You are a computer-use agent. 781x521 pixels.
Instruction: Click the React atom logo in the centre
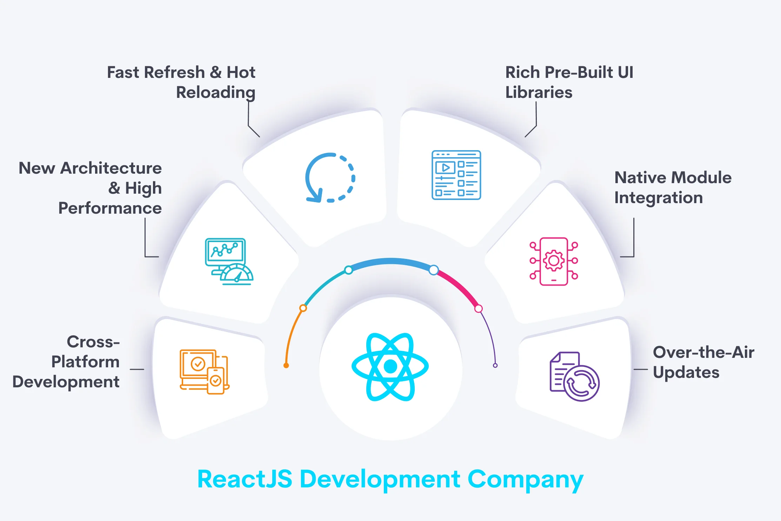(390, 367)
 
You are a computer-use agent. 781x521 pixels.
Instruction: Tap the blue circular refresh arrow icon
(330, 178)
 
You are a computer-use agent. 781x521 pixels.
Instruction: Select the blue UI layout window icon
(456, 175)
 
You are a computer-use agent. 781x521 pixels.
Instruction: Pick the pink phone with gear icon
(554, 261)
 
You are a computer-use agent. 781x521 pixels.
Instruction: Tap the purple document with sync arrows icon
(574, 376)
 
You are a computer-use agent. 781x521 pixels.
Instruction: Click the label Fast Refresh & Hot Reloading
(181, 82)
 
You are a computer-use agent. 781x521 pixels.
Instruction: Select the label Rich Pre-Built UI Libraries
(569, 82)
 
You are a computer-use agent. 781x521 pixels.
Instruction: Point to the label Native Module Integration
(673, 188)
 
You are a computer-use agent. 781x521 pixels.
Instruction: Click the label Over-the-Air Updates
(703, 362)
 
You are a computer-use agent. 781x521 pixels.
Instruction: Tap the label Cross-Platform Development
(67, 362)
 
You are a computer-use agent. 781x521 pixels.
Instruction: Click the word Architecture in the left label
(111, 168)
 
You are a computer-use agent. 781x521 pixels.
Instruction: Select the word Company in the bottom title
(525, 480)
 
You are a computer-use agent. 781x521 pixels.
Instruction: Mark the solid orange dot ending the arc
(286, 366)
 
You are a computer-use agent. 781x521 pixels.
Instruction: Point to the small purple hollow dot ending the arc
(495, 366)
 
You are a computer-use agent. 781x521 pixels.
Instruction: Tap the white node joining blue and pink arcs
(434, 270)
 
